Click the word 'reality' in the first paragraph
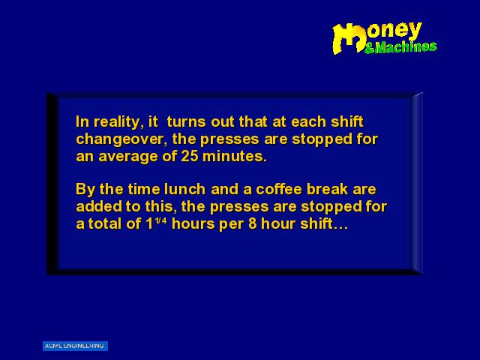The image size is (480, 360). tap(118, 122)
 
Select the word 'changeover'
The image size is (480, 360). tap(121, 140)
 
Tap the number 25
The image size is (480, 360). tap(190, 156)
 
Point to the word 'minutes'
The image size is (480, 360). tap(235, 156)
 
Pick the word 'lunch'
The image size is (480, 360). tap(184, 189)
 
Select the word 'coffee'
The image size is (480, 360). tap(279, 189)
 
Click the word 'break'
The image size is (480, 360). tap(327, 189)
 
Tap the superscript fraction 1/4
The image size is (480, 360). tap(161, 220)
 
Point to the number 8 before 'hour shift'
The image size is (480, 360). tap(252, 223)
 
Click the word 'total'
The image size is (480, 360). tap(105, 223)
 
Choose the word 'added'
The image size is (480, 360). tap(99, 206)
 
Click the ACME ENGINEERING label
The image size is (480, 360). tap(75, 346)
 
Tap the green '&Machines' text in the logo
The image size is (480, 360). tap(400, 47)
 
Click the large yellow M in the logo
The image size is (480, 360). tap(349, 39)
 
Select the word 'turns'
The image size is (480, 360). tap(186, 121)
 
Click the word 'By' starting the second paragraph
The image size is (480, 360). tap(85, 190)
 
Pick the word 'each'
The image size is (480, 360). tap(308, 121)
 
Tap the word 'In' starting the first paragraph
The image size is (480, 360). tap(82, 121)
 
